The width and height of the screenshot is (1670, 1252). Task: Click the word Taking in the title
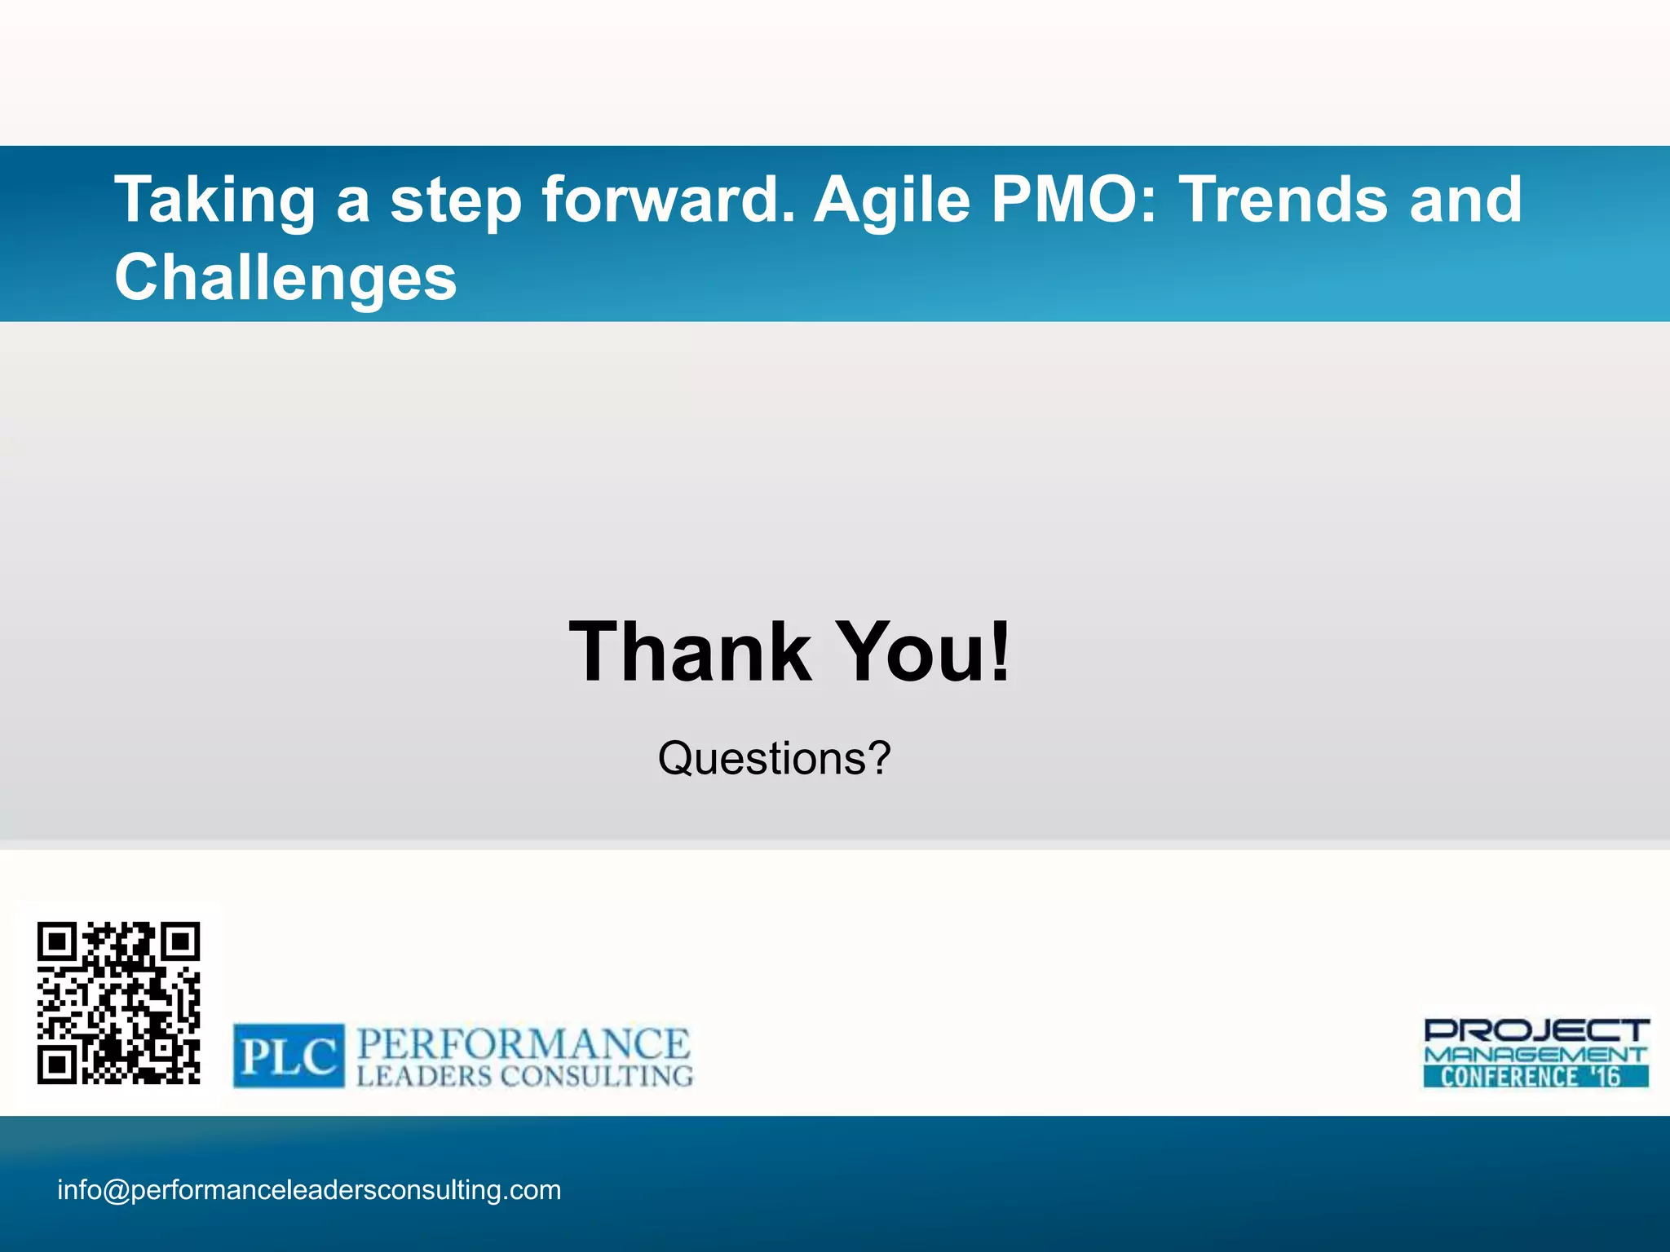(214, 201)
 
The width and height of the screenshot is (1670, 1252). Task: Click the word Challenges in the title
(285, 277)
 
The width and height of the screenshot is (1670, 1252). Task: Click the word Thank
(690, 651)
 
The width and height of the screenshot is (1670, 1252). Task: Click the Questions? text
(774, 758)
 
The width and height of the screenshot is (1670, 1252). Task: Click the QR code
(119, 1003)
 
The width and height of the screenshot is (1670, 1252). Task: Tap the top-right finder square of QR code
(180, 943)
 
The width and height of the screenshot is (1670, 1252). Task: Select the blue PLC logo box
(289, 1056)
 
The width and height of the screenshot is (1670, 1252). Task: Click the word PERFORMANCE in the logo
(524, 1044)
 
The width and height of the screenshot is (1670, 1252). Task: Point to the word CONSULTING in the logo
(596, 1076)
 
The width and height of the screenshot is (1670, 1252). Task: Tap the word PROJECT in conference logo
(1536, 1030)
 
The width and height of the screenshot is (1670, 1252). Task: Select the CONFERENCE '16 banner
(1535, 1076)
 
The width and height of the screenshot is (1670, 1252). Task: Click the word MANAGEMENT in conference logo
(1535, 1054)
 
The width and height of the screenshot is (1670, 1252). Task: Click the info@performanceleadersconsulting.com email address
(309, 1190)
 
